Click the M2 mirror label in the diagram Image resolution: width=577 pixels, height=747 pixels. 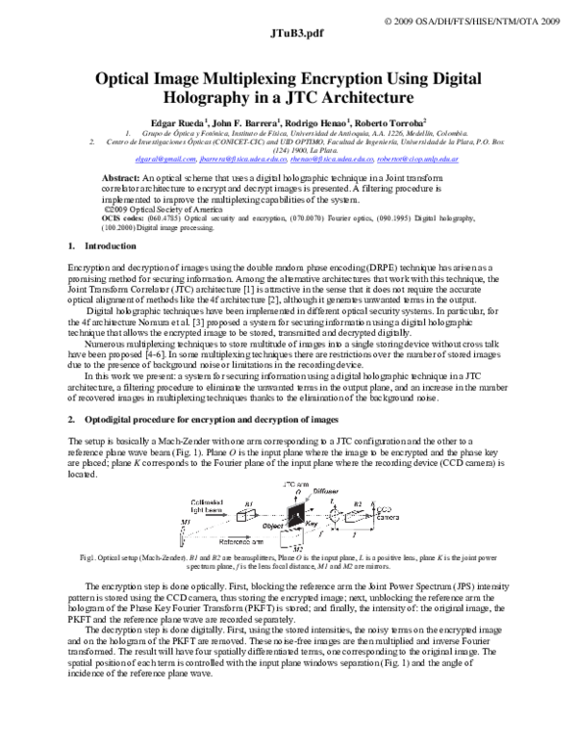click(297, 548)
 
